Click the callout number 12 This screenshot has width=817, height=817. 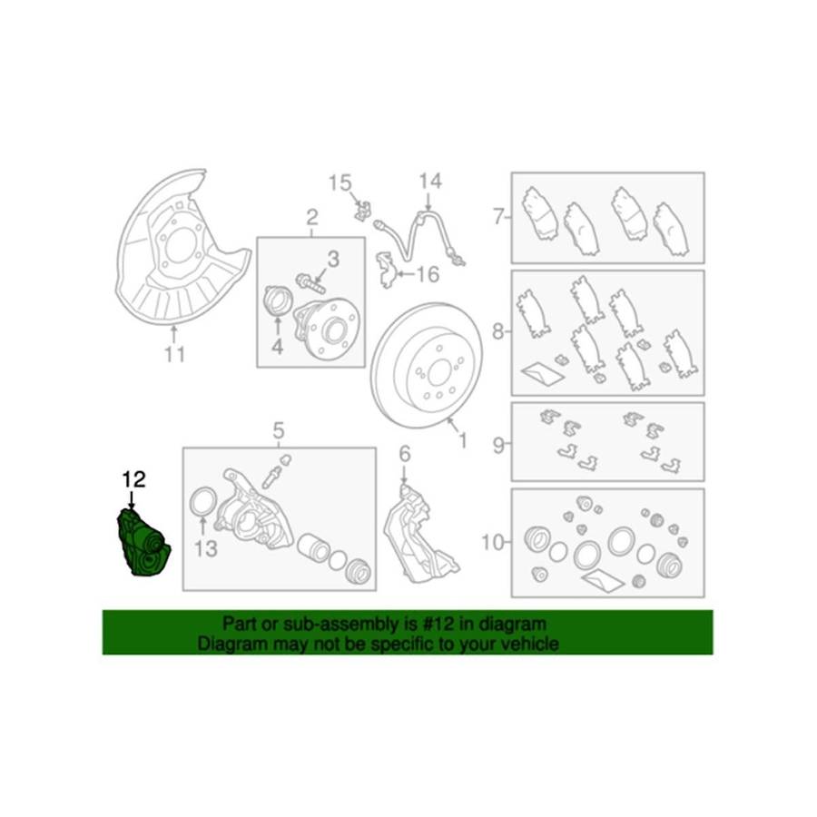[134, 479]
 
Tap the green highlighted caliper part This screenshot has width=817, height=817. [143, 544]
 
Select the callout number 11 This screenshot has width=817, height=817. [174, 355]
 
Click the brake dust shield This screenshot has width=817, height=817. [180, 245]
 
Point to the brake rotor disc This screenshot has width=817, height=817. [427, 365]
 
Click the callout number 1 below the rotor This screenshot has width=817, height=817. [462, 442]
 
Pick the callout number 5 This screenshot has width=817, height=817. [279, 431]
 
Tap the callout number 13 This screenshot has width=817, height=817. [205, 548]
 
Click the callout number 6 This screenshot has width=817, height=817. [404, 455]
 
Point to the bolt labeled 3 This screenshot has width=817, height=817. [310, 283]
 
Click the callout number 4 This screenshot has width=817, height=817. [277, 347]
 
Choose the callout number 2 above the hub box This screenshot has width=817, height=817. [311, 217]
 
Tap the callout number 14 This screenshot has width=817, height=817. [430, 182]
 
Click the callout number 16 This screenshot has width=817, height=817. [428, 274]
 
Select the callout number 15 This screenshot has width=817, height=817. [340, 183]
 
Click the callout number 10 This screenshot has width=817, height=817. [492, 543]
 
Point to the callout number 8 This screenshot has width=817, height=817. [498, 330]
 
